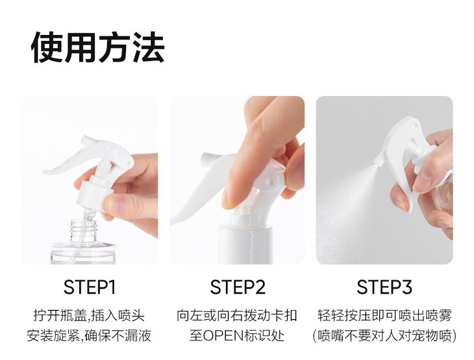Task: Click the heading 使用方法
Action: pyautogui.click(x=97, y=47)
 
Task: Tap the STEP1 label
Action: pyautogui.click(x=90, y=287)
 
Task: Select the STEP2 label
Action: pyautogui.click(x=238, y=287)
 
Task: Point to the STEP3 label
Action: pyautogui.click(x=384, y=287)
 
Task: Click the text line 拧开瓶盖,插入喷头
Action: pyautogui.click(x=89, y=316)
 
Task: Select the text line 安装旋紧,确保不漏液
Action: pyautogui.click(x=89, y=335)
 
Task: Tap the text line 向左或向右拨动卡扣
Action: pyautogui.click(x=237, y=316)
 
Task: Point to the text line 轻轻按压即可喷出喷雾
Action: pyautogui.click(x=384, y=316)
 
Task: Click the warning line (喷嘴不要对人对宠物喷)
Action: pyautogui.click(x=384, y=335)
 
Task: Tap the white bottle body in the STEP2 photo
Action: pyautogui.click(x=245, y=245)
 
